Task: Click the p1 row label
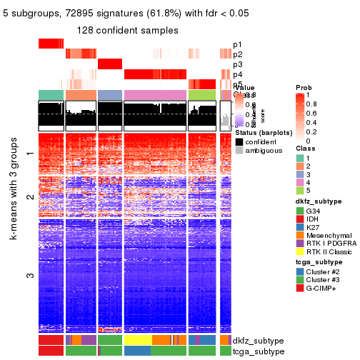click(237, 44)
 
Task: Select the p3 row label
click(237, 64)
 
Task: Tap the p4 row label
click(237, 74)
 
